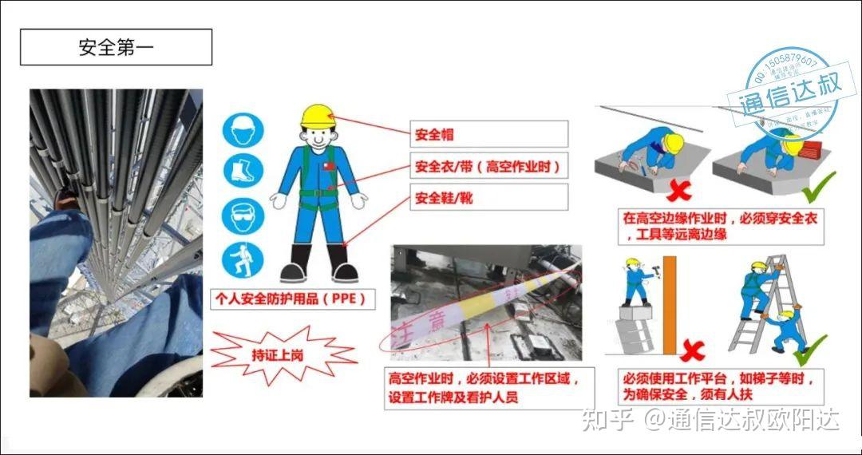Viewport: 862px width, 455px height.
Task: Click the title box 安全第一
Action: [x=116, y=47]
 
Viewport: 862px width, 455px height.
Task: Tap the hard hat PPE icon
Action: [x=243, y=130]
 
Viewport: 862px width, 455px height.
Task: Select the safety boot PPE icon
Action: [x=243, y=171]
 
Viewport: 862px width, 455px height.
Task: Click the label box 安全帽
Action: [x=488, y=134]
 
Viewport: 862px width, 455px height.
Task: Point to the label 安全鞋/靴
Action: [x=488, y=197]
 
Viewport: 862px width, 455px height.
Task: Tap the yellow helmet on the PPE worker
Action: [x=317, y=117]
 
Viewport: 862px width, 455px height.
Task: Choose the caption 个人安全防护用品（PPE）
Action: [x=293, y=299]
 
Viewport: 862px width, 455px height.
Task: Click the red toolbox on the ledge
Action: [x=810, y=148]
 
